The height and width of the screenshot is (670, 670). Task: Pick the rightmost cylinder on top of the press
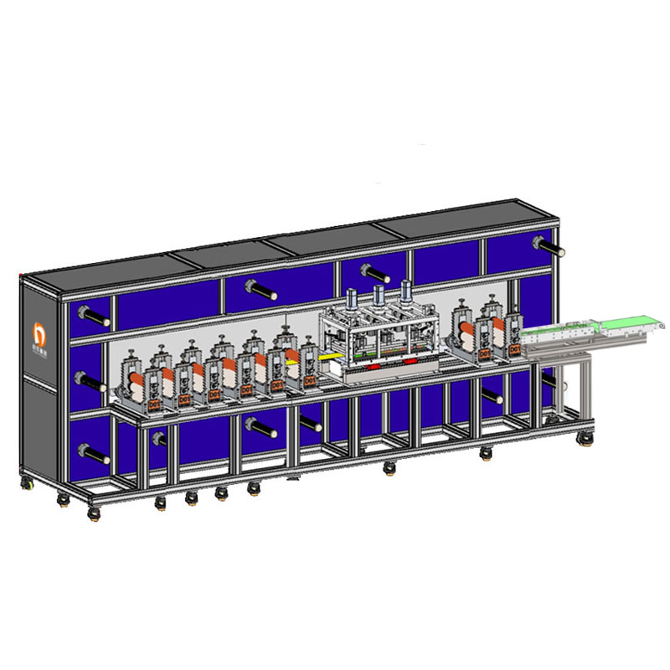pyautogui.click(x=407, y=290)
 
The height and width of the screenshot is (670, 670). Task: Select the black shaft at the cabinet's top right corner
pyautogui.click(x=549, y=246)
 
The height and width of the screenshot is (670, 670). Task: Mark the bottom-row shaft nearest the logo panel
pyautogui.click(x=95, y=456)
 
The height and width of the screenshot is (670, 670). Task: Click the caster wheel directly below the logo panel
pyautogui.click(x=28, y=483)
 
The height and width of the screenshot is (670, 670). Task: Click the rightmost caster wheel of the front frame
pyautogui.click(x=485, y=453)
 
